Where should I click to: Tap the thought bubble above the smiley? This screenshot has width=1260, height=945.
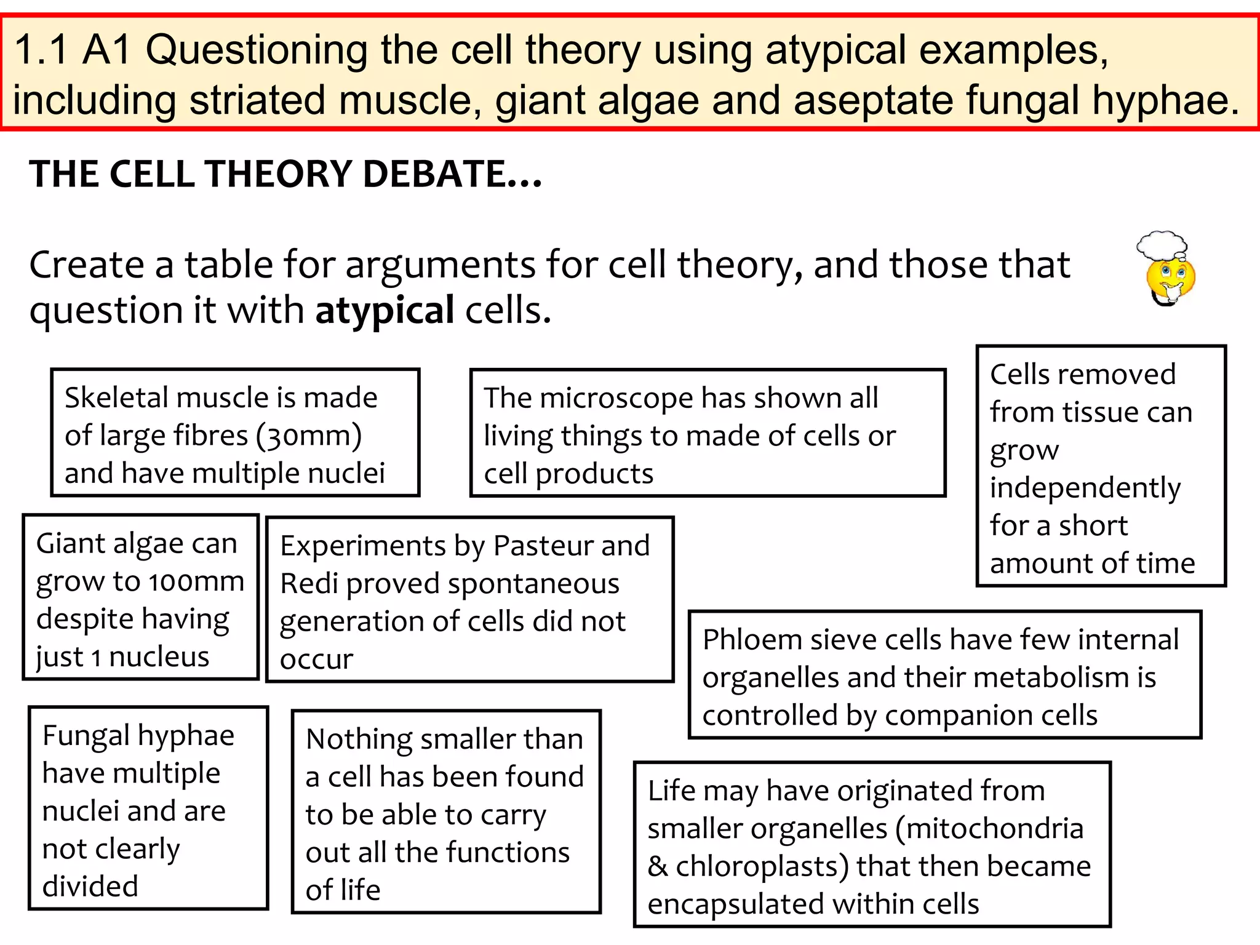[x=1161, y=244]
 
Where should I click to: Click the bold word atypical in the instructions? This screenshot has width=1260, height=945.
[x=385, y=310]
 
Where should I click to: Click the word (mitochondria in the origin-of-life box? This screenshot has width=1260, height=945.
[x=989, y=829]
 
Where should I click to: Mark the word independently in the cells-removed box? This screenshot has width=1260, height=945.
[x=1085, y=488]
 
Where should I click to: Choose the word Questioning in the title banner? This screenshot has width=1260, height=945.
[x=257, y=50]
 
